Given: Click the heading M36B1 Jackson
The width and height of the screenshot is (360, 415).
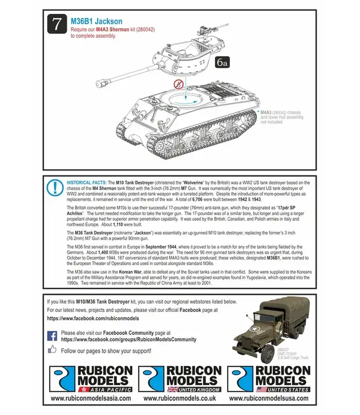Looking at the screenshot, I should tap(96, 21).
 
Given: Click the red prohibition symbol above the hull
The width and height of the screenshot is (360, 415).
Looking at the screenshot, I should tap(178, 85).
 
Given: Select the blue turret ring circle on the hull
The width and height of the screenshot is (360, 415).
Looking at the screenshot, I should tap(186, 100).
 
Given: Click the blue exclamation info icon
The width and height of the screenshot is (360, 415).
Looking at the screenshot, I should tap(55, 187).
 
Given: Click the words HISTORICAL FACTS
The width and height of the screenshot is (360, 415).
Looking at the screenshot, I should tap(86, 182).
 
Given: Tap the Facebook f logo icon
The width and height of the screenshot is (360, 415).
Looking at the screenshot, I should tap(53, 335).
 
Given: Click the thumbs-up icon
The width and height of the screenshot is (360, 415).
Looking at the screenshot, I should tap(53, 349).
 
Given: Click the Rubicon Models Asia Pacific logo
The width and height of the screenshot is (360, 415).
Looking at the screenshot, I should tap(90, 380).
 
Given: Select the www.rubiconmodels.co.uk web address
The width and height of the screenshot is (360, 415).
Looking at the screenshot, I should tap(179, 398).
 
